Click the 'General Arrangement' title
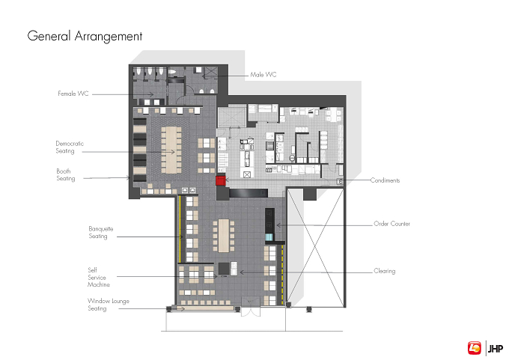(x=85, y=36)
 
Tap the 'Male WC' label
(x=263, y=75)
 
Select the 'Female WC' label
(x=73, y=94)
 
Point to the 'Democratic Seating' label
(x=70, y=147)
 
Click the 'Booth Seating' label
(x=66, y=174)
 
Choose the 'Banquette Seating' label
(x=101, y=233)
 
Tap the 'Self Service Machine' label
(x=99, y=277)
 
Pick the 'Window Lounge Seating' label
(x=109, y=305)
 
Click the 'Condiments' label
(x=385, y=180)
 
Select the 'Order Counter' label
(x=391, y=224)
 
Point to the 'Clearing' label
(x=385, y=271)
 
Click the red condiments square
(x=220, y=180)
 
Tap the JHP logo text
(x=496, y=349)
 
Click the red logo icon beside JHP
(x=475, y=348)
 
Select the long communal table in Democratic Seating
(x=171, y=150)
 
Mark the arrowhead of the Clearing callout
(x=241, y=272)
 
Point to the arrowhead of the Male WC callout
(x=204, y=76)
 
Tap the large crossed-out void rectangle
(x=315, y=248)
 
